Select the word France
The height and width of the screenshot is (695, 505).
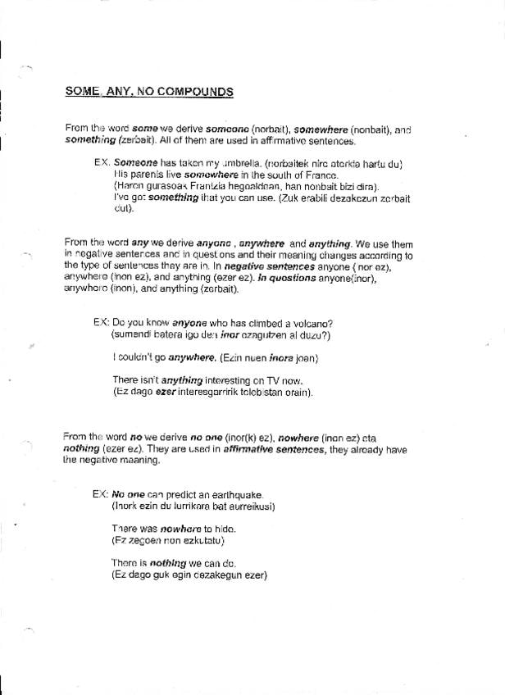point(320,175)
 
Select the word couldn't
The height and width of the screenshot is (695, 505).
point(134,357)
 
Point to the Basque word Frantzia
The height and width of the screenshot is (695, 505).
point(191,186)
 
